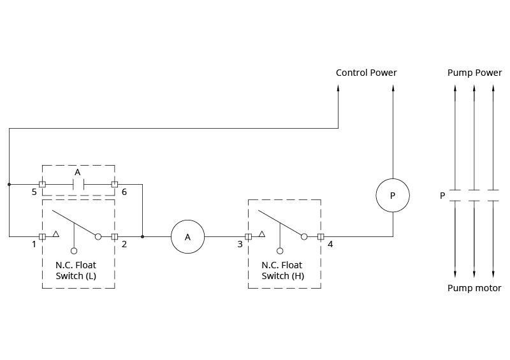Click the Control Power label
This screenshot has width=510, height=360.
[x=366, y=73]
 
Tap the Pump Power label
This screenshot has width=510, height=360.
[x=474, y=73]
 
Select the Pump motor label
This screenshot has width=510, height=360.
[x=474, y=288]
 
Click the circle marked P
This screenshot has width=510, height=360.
[x=392, y=196]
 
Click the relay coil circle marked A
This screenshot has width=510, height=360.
[x=187, y=236]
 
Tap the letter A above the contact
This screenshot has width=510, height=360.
[x=78, y=173]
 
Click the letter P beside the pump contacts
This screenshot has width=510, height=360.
[x=442, y=196]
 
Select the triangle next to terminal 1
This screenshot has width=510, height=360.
[x=55, y=234]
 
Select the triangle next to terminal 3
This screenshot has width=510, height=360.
[x=261, y=234]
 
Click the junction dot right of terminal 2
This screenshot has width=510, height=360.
[x=142, y=236]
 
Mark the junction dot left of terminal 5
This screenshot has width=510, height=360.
[x=10, y=184]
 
